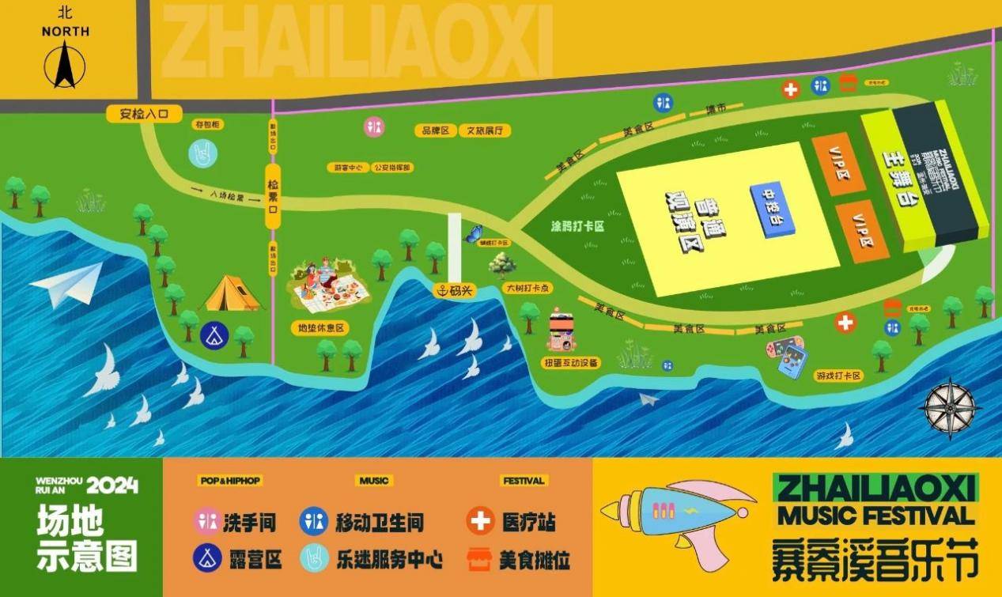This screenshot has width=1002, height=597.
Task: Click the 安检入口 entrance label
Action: click(145, 114)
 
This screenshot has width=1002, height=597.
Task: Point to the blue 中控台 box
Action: click(772, 206)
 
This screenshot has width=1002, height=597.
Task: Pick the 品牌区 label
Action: click(435, 130)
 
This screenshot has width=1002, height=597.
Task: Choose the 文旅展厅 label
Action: click(484, 130)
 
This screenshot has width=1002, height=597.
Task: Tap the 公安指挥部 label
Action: click(392, 168)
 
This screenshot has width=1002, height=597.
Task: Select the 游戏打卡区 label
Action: click(838, 376)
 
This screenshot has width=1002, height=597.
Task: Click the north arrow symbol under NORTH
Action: click(62, 65)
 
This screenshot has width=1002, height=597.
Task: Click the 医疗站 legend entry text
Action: click(528, 522)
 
